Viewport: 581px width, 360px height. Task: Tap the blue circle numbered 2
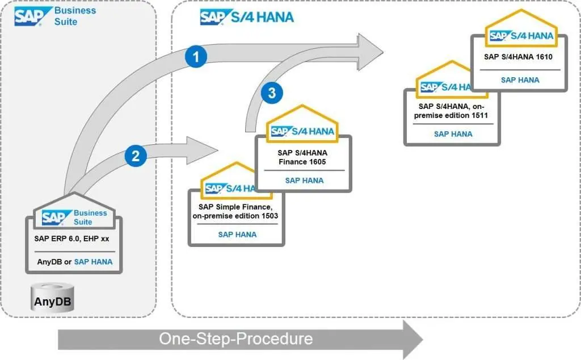[136, 156]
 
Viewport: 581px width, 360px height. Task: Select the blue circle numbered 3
[272, 93]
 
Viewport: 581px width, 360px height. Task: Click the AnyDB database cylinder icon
[53, 298]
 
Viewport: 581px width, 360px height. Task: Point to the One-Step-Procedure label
[235, 339]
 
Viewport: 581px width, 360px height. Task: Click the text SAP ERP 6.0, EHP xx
[70, 239]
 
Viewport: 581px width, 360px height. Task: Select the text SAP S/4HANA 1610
[518, 57]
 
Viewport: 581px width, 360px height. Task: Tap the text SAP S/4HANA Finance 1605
[302, 157]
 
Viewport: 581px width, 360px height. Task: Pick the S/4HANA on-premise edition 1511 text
[452, 111]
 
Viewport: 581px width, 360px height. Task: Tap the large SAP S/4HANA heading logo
[247, 17]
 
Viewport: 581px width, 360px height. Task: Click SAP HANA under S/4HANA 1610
[520, 80]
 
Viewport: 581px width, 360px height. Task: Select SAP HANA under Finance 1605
[304, 181]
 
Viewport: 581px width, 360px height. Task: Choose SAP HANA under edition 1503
[237, 234]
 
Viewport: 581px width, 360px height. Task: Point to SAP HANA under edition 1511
[453, 134]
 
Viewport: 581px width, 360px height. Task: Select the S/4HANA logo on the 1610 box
[520, 36]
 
